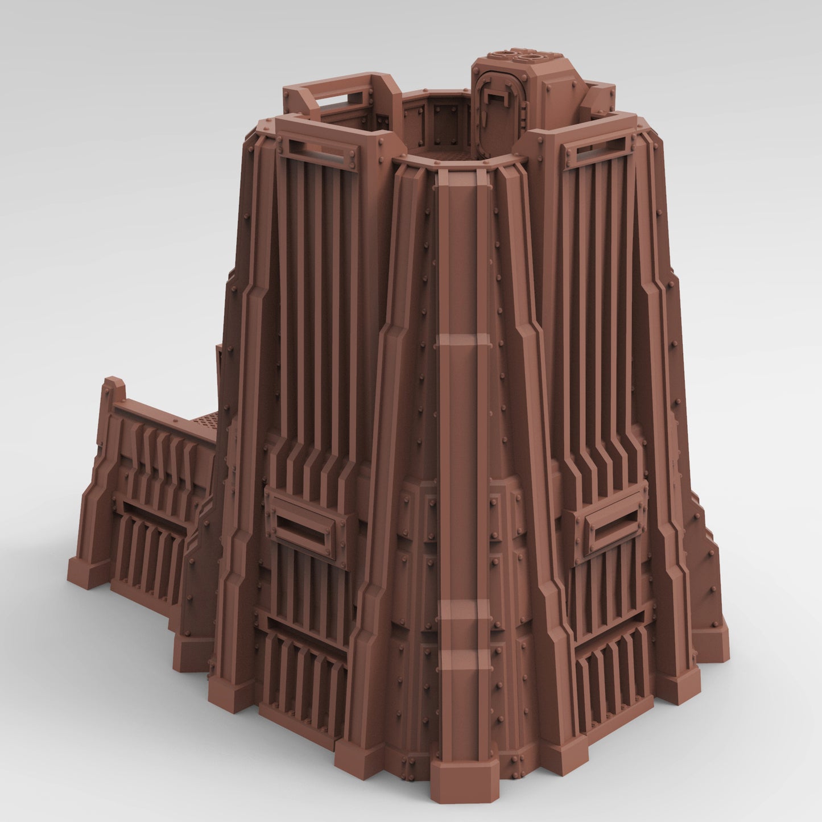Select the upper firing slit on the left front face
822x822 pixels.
(x=319, y=150)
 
